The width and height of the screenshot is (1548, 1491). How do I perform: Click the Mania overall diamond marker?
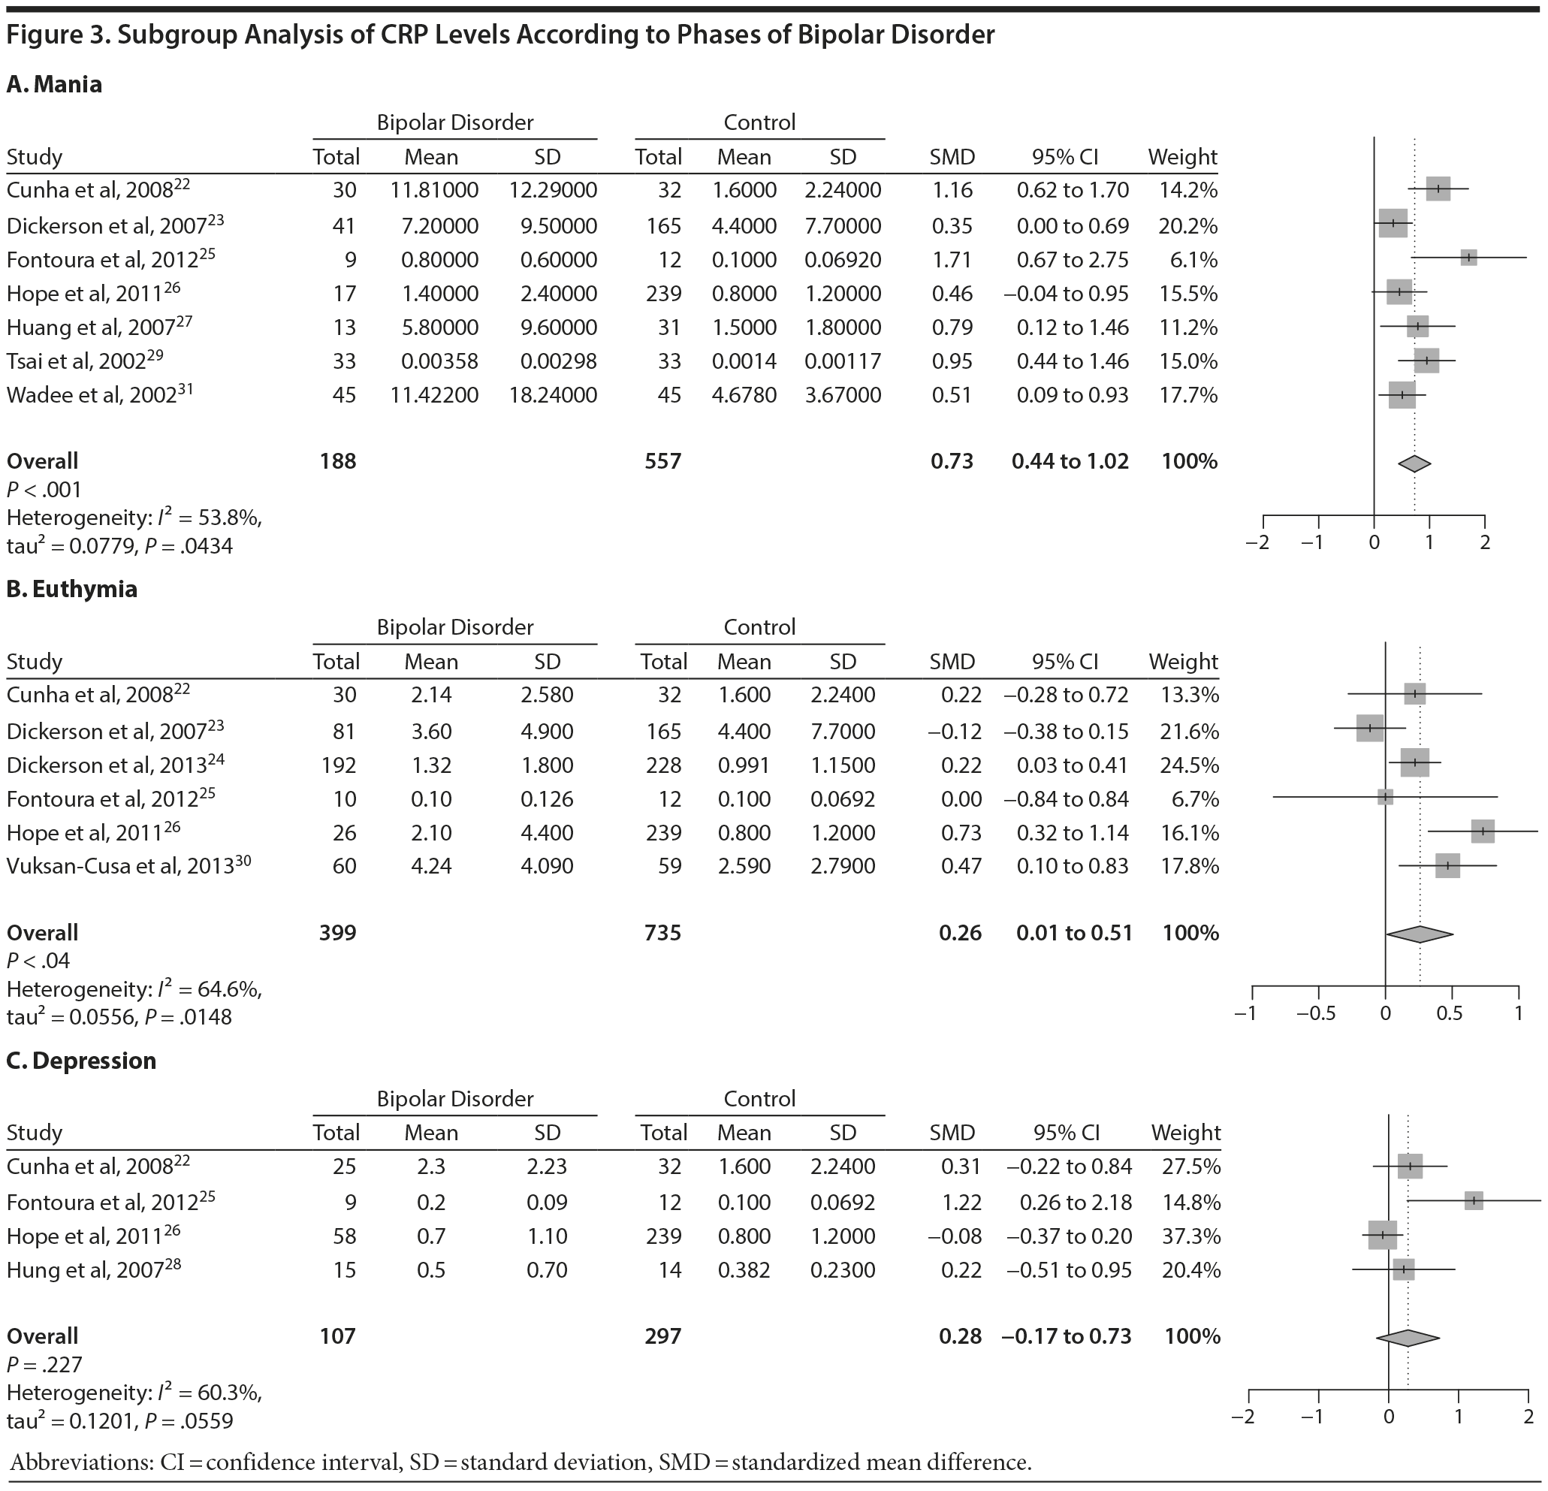coord(1414,463)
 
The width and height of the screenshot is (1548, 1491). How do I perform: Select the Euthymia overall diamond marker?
coord(1420,934)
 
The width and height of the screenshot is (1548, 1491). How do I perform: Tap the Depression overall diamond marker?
coord(1408,1338)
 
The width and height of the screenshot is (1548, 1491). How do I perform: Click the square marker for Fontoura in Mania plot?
coord(1468,258)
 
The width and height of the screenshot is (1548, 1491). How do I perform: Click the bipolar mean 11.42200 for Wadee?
coord(433,395)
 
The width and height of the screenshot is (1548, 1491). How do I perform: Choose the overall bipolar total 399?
coord(337,933)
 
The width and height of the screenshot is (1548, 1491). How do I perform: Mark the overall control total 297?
coord(662,1336)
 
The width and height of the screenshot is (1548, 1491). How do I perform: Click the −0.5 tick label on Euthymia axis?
coord(1317,1013)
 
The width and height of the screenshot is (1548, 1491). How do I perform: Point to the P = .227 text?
coord(44,1365)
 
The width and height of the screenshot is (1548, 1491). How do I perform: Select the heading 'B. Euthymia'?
coord(72,589)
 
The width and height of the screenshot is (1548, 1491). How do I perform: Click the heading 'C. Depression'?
coord(81,1061)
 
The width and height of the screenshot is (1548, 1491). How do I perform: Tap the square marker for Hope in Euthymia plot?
coord(1483,832)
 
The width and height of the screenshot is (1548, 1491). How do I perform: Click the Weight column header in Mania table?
coord(1182,157)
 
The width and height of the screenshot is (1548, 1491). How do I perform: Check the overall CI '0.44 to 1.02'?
coord(1070,461)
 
